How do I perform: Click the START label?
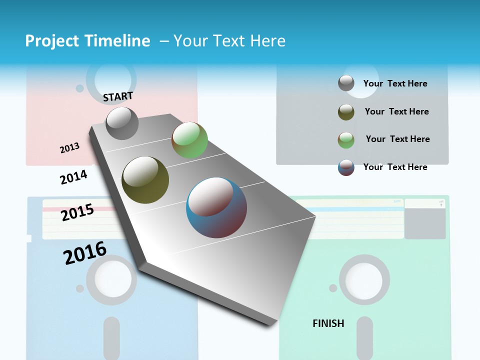118,96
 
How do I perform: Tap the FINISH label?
328,323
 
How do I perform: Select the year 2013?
69,147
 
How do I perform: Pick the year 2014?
73,177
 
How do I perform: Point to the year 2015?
77,212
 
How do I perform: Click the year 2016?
84,252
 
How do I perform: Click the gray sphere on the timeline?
122,123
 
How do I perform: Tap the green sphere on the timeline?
189,140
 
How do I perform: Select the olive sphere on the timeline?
145,179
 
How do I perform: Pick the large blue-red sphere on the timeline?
216,207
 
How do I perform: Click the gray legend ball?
346,83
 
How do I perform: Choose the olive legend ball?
346,112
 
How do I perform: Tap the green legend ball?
346,140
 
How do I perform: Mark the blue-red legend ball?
346,167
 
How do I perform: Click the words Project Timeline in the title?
87,41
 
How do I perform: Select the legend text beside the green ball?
397,139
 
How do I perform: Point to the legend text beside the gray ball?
395,83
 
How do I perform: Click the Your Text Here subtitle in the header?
229,41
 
